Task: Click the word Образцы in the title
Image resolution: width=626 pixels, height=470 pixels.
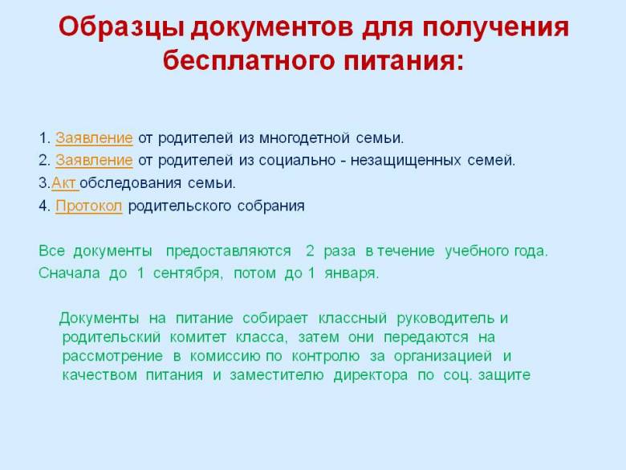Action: point(121,27)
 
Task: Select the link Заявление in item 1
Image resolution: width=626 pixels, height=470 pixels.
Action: point(94,138)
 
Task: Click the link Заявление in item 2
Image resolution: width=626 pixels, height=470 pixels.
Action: point(94,161)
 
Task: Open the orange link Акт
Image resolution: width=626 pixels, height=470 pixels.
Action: point(64,183)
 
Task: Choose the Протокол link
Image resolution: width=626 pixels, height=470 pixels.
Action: point(88,206)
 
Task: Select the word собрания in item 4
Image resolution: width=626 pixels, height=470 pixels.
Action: point(270,206)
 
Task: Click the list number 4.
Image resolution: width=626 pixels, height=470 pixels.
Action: point(43,206)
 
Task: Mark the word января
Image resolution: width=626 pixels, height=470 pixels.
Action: point(352,274)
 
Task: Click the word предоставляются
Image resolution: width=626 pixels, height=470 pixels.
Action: point(229,251)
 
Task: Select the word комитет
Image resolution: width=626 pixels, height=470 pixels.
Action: point(198,337)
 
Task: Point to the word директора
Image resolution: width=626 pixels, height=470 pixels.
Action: point(371,375)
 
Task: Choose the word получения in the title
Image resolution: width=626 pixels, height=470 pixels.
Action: point(495,27)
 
